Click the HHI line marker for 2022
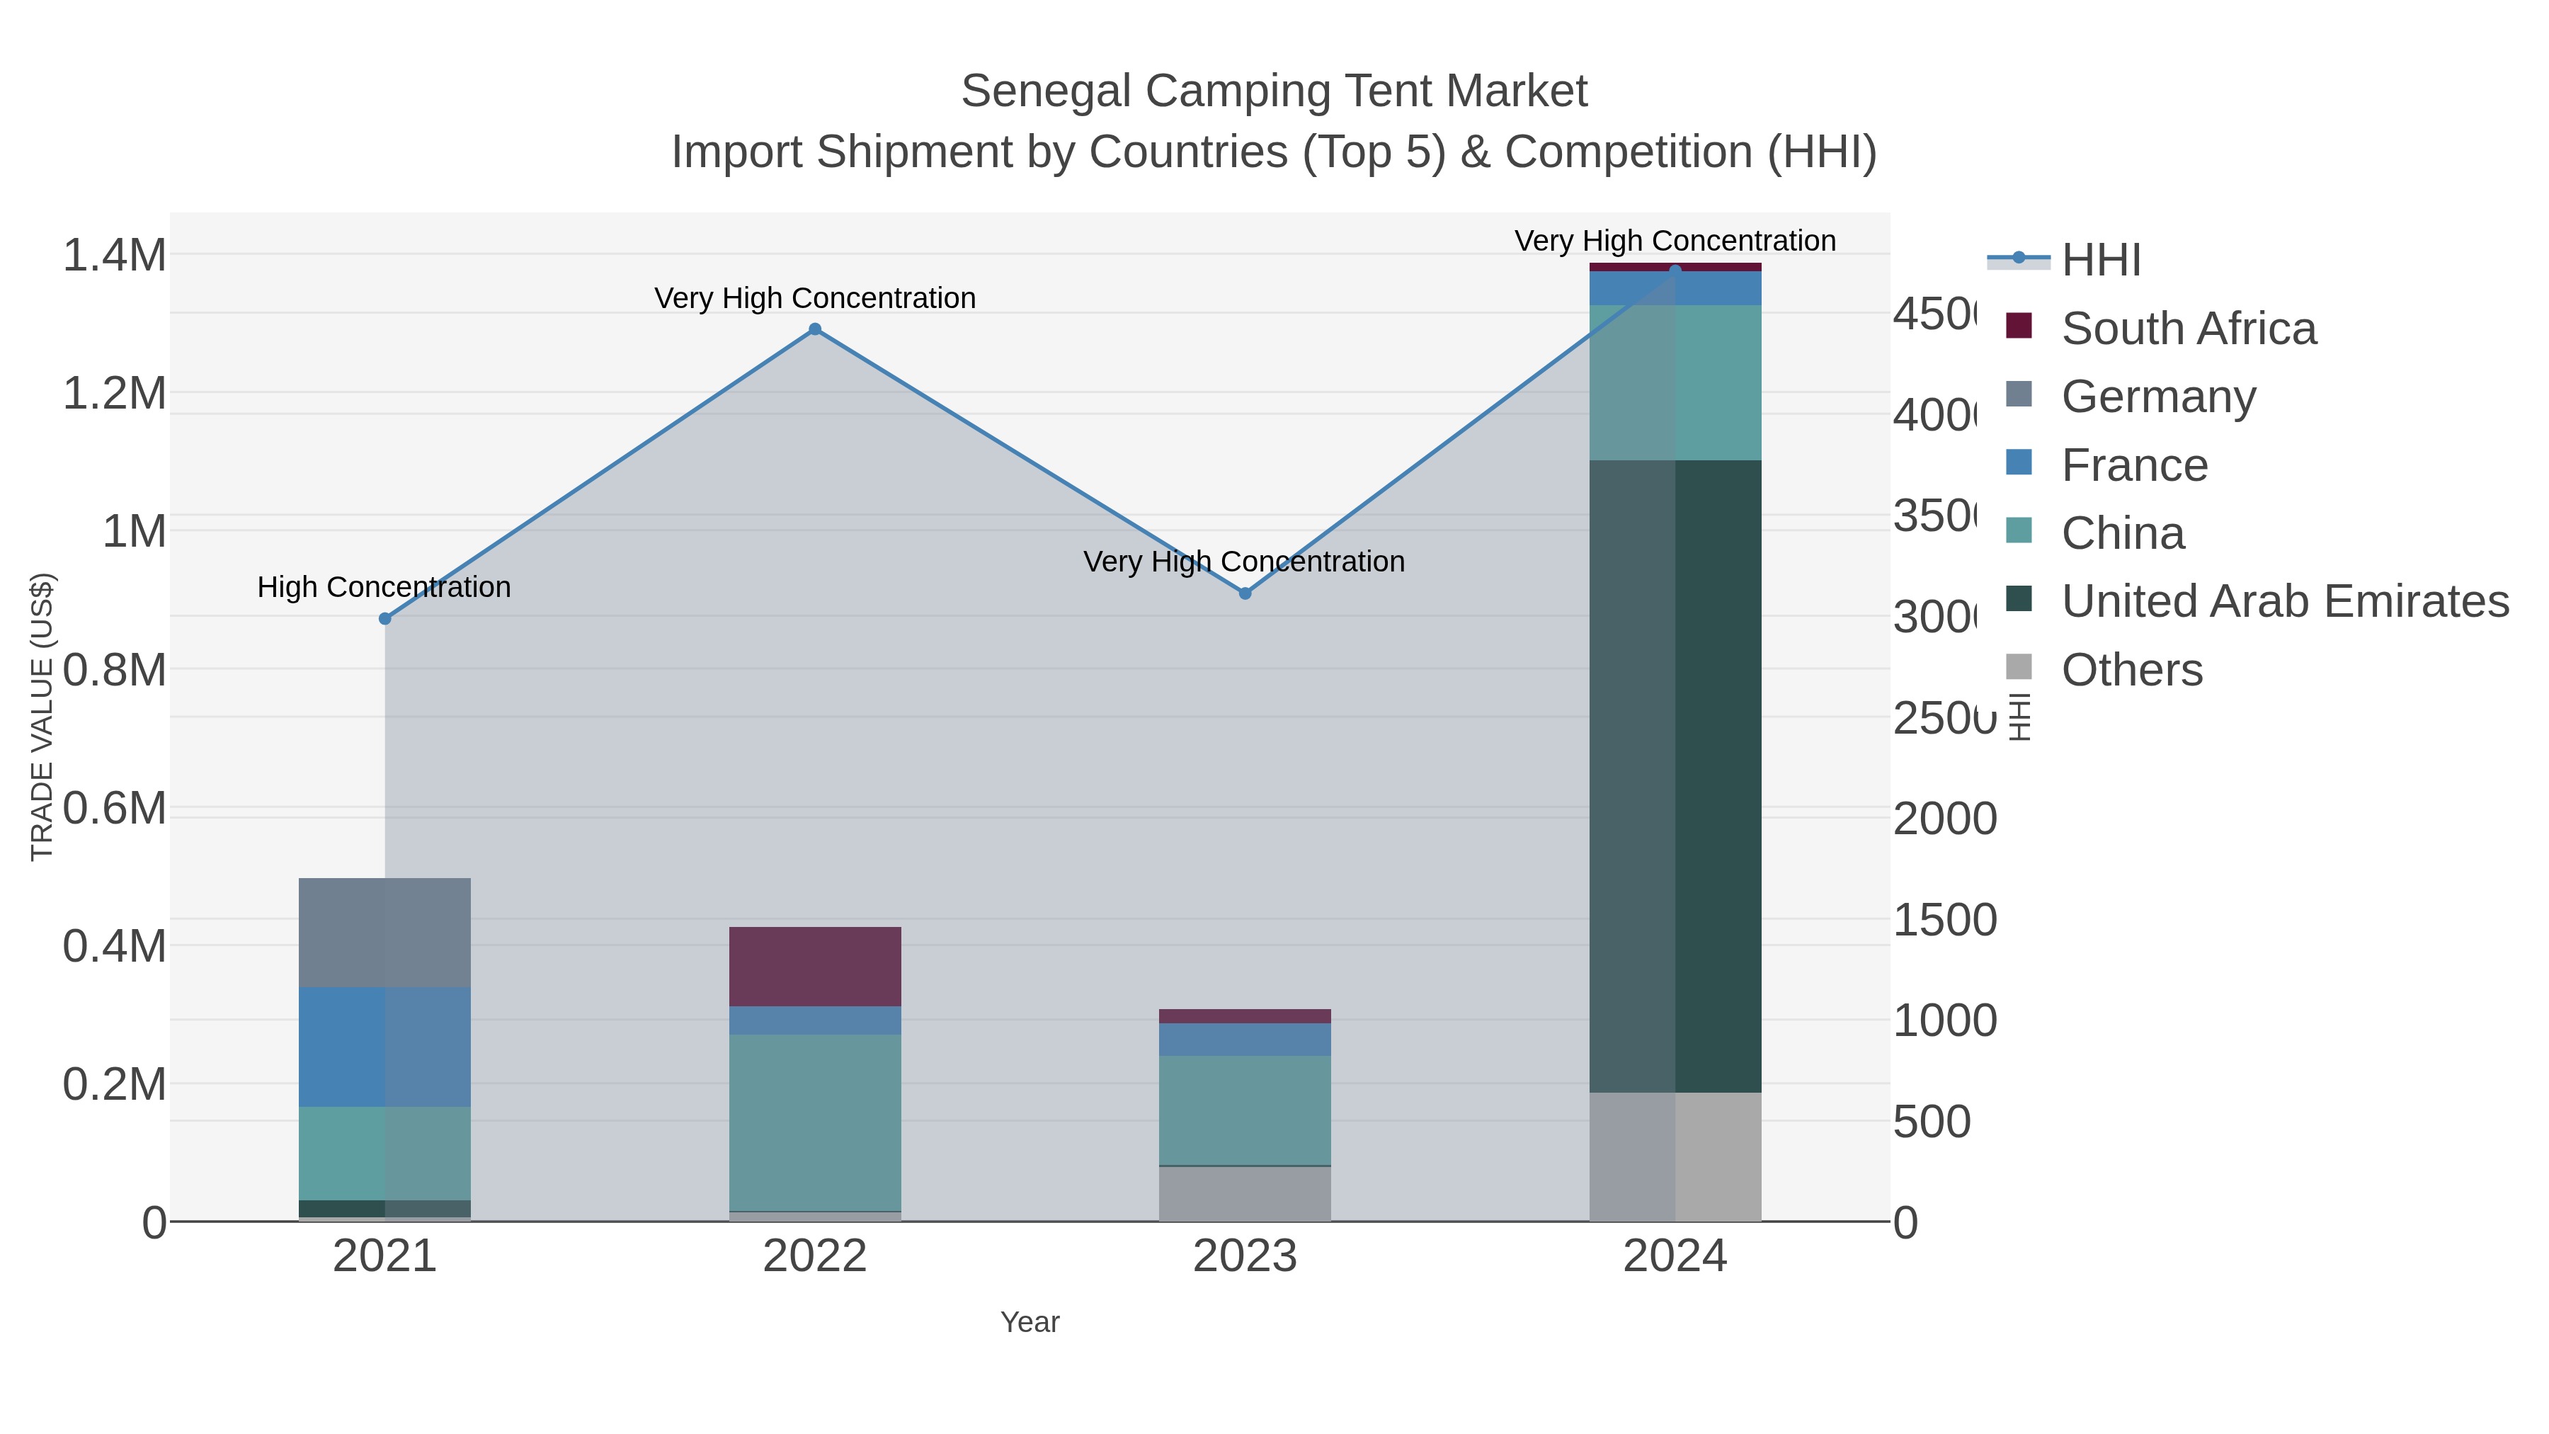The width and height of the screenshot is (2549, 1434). coord(814,329)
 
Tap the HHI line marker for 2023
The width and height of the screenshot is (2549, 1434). coord(1245,593)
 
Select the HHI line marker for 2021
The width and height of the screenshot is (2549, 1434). coord(385,618)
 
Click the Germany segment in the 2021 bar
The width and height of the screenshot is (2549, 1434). coord(385,932)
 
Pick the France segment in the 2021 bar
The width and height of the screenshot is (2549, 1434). coord(385,1046)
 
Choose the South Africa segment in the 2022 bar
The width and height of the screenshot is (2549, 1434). coord(814,966)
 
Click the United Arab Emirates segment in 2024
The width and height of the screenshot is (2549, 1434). coord(1675,776)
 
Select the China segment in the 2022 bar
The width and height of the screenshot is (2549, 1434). coord(814,1122)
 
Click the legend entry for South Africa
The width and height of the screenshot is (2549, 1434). coord(2188,329)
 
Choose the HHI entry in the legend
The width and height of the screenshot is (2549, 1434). coord(2101,261)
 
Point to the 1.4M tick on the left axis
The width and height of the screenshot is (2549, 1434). coord(114,256)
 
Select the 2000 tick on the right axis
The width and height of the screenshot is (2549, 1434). coord(1944,819)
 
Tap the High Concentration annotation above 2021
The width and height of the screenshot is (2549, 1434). coord(384,587)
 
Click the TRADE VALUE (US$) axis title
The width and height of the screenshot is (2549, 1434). coord(42,717)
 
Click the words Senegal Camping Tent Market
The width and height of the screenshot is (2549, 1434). coord(1274,91)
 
